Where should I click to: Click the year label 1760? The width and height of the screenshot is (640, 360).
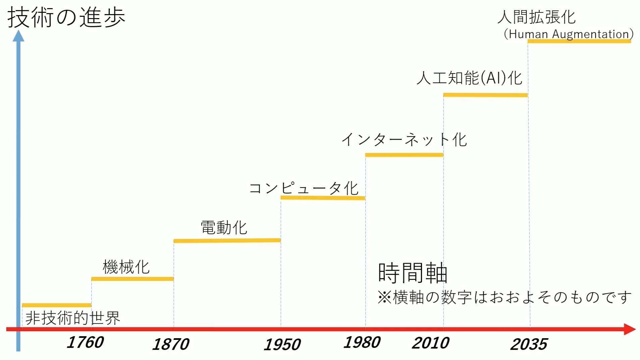tap(85, 343)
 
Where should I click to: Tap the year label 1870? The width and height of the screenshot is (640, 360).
tap(171, 344)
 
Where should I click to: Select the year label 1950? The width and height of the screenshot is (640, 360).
tap(282, 345)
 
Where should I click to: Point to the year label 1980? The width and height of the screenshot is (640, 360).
tap(362, 343)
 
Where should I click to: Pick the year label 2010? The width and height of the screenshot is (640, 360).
tap(430, 343)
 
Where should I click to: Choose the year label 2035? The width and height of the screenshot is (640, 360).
tap(529, 345)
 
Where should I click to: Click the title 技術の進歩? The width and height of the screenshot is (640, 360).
tap(66, 17)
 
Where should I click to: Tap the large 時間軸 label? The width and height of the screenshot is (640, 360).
tap(413, 272)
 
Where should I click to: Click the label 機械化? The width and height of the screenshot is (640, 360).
tap(126, 267)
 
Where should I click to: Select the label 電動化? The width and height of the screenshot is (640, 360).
tap(224, 228)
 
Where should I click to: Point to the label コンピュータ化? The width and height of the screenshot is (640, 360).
tap(304, 188)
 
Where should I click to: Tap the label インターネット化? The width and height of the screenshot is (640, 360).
tap(404, 140)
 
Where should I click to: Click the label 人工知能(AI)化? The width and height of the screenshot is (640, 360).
tap(469, 78)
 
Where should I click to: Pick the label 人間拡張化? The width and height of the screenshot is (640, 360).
tap(536, 17)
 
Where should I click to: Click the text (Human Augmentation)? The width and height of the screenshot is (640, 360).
tap(569, 34)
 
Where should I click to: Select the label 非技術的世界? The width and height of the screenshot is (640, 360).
tap(73, 318)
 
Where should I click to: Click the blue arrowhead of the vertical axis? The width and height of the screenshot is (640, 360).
tap(18, 36)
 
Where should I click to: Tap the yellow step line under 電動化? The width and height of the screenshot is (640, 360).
tap(227, 241)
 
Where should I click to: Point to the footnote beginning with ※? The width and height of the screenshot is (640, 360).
tap(504, 297)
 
